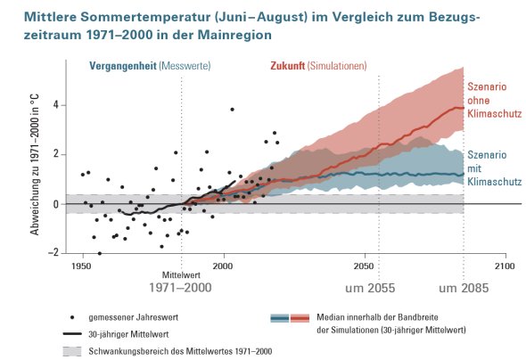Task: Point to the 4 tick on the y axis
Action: click(55, 105)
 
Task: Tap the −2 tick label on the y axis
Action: click(53, 252)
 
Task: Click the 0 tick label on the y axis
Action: click(55, 204)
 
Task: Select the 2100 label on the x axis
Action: click(505, 266)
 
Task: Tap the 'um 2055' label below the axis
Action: click(372, 290)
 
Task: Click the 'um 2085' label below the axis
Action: click(464, 290)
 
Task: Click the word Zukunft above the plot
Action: click(286, 67)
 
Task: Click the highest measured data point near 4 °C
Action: click(232, 110)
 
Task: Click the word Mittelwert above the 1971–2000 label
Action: click(181, 275)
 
